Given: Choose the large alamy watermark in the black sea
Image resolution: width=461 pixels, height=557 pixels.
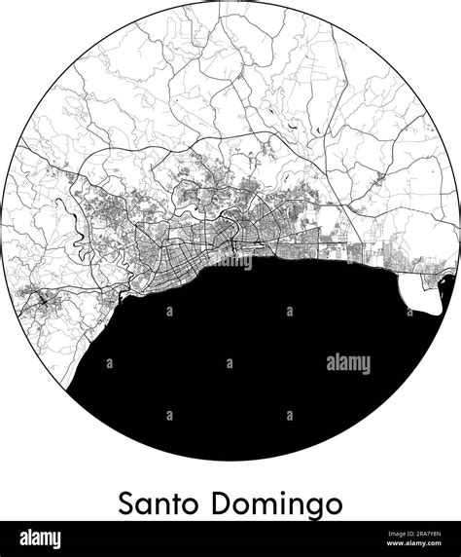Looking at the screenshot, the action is (348, 364).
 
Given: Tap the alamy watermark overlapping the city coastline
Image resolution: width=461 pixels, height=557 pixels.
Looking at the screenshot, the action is (230, 261).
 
